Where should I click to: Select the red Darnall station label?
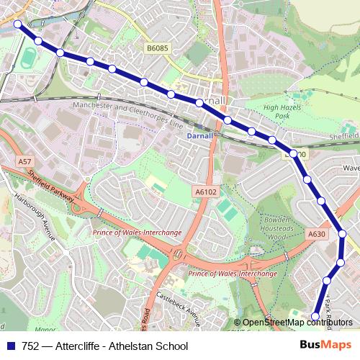pos(199,135)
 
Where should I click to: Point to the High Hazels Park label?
pos(281,112)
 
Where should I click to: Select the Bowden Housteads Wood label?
pos(271,230)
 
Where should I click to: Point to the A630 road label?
pos(316,234)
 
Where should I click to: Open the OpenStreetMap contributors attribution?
pos(297,323)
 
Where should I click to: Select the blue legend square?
pos(11,346)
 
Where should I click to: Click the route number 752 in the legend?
pos(31,346)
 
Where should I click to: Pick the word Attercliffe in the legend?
pos(78,346)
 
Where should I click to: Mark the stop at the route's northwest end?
pos(18,24)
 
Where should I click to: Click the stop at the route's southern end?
pos(315,315)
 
